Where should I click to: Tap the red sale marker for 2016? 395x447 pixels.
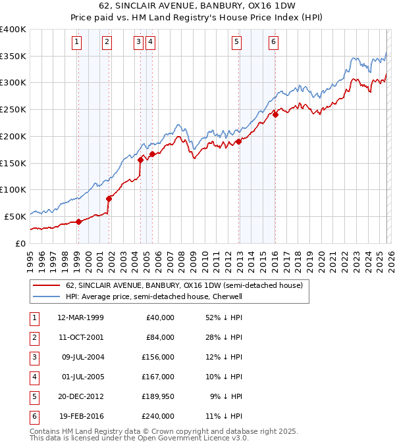[275, 114]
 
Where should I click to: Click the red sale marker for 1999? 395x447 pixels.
[78, 222]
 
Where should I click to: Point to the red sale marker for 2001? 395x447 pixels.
[109, 198]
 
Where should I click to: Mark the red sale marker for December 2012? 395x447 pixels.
[238, 141]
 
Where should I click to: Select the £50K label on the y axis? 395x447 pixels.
[16, 216]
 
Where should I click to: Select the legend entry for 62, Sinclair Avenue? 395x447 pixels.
[184, 285]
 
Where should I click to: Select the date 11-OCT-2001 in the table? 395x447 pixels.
[80, 337]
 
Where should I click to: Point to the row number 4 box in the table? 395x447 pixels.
[32, 377]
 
